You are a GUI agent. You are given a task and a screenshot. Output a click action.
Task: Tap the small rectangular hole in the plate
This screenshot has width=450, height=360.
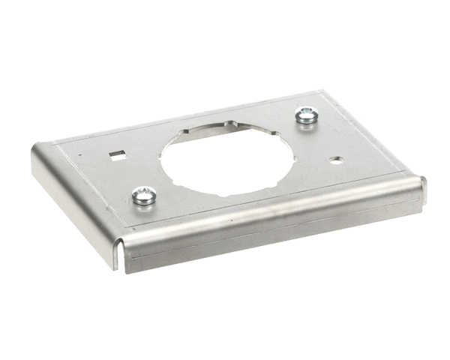tap(117, 155)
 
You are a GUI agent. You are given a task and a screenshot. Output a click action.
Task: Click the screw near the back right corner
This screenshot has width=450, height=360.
tap(305, 115)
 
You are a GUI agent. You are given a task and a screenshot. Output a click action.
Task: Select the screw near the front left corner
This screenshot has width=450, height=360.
tap(143, 196)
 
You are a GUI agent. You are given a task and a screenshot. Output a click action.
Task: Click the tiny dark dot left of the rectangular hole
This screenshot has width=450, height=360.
tap(80, 156)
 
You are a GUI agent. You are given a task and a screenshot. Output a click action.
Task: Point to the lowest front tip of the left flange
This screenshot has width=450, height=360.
tap(116, 267)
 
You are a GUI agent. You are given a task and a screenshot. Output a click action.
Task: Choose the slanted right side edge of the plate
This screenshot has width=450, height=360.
tap(375, 135)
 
